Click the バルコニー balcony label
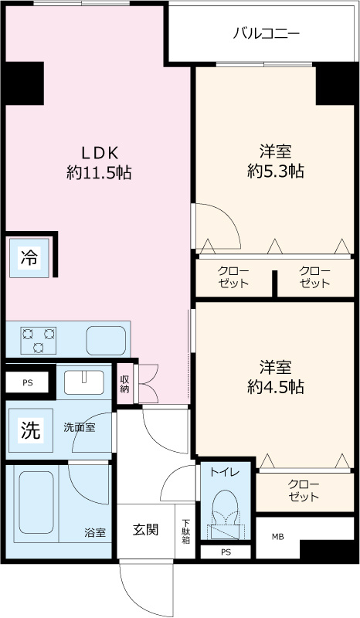pos(267,33)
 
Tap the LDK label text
pos(98,151)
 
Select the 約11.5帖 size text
pos(98,173)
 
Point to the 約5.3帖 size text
pos(275,171)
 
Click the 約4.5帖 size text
pos(275,385)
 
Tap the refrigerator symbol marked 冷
pos(29,257)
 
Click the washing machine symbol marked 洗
pos(30,431)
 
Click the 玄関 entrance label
pos(145,530)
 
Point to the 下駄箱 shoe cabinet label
pos(185,531)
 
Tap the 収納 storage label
pos(124,383)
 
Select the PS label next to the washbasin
pos(28,382)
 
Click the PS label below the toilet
pos(226,552)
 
